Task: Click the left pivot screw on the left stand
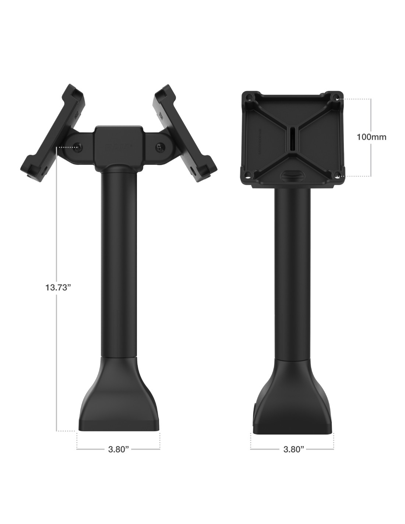[78, 147]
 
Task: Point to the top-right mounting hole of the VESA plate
[335, 97]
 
